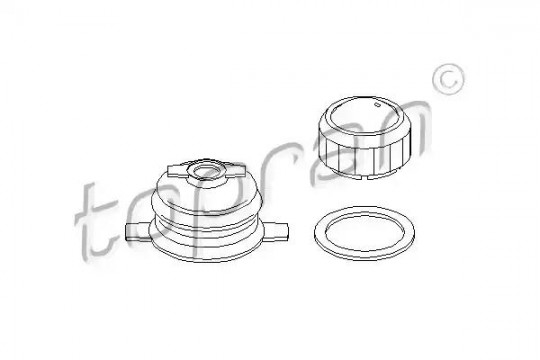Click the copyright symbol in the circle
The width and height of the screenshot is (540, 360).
(x=448, y=79)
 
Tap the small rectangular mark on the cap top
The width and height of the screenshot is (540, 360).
(x=377, y=103)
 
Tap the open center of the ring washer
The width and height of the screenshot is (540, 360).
(x=364, y=233)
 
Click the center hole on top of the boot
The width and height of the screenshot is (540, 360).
(x=207, y=172)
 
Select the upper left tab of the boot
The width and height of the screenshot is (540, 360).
(x=177, y=171)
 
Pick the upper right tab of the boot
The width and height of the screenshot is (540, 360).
(x=235, y=171)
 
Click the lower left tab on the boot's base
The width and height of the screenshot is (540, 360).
(x=138, y=231)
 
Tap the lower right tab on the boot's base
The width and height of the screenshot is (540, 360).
(x=276, y=231)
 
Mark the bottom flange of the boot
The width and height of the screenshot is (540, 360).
(x=206, y=250)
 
